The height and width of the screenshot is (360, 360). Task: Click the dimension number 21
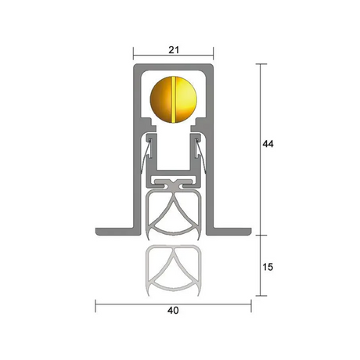pyautogui.click(x=174, y=50)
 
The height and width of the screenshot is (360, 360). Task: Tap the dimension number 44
pyautogui.click(x=268, y=144)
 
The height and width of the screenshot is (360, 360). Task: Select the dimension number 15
pyautogui.click(x=268, y=267)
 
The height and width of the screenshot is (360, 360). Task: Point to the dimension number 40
pyautogui.click(x=173, y=311)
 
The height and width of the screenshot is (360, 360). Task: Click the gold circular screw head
pyautogui.click(x=174, y=99)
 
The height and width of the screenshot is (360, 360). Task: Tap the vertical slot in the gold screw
pyautogui.click(x=174, y=99)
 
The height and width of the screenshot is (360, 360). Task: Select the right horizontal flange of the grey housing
pyautogui.click(x=229, y=232)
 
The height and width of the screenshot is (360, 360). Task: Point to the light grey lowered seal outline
pyautogui.click(x=174, y=270)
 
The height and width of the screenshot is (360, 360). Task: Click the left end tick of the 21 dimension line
pyautogui.click(x=133, y=53)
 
